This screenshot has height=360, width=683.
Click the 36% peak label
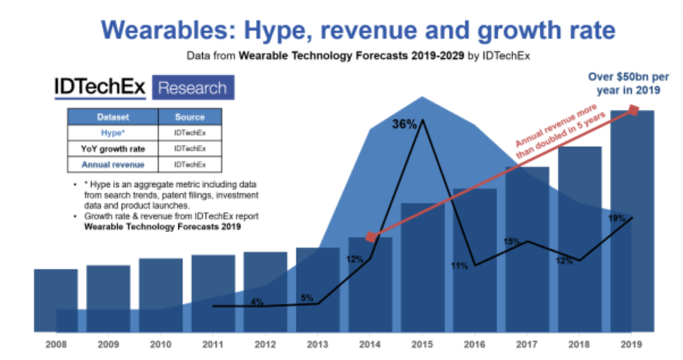coord(404,125)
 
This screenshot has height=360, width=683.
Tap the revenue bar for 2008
coord(56,300)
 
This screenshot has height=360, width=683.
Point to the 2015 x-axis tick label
coord(423,342)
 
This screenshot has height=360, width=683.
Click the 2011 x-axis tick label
coord(213,342)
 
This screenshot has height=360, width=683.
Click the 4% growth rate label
coord(257,301)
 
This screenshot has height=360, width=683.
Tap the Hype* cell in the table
coord(113,133)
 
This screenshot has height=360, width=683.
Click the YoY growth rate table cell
coord(113,148)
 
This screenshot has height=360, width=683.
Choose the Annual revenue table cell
coord(113,165)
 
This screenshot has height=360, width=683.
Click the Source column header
coord(190,117)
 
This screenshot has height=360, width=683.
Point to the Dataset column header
coord(113,117)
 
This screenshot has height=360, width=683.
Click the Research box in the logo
coord(192,88)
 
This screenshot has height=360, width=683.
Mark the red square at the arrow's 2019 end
coord(633,110)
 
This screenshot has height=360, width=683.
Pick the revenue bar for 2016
coord(475,260)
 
